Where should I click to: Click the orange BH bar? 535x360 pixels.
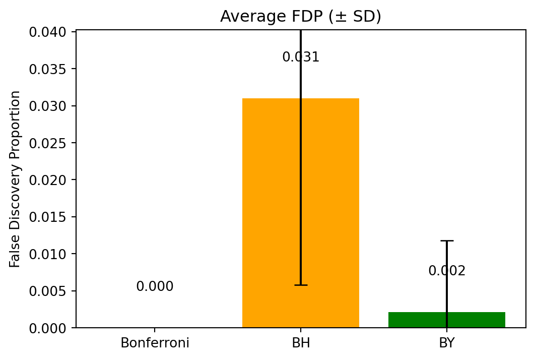point(272,212)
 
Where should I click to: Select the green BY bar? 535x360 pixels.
point(474,320)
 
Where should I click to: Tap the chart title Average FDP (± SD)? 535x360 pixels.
point(301,17)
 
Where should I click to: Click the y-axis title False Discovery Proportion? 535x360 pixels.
point(16,179)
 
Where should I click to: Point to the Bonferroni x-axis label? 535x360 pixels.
point(155,343)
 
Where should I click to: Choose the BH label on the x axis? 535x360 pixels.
point(301,343)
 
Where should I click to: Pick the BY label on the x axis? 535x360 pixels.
point(447,343)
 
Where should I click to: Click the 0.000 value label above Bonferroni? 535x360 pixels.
point(155,287)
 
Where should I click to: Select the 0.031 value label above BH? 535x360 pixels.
point(301,57)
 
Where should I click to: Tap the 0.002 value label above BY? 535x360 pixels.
point(447,271)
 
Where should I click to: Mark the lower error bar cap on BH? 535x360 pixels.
point(301,285)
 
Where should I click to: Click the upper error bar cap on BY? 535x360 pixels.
point(447,241)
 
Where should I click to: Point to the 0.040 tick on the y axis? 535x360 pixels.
point(48,32)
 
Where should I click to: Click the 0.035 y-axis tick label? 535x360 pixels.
point(48,69)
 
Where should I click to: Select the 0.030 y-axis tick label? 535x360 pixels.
point(48,106)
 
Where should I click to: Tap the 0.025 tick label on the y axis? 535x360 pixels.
point(48,143)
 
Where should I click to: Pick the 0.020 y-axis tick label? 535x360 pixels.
point(48,180)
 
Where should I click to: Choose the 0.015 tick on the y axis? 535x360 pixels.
point(48,217)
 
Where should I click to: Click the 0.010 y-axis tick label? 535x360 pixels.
point(48,254)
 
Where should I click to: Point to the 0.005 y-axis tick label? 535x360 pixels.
point(48,291)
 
